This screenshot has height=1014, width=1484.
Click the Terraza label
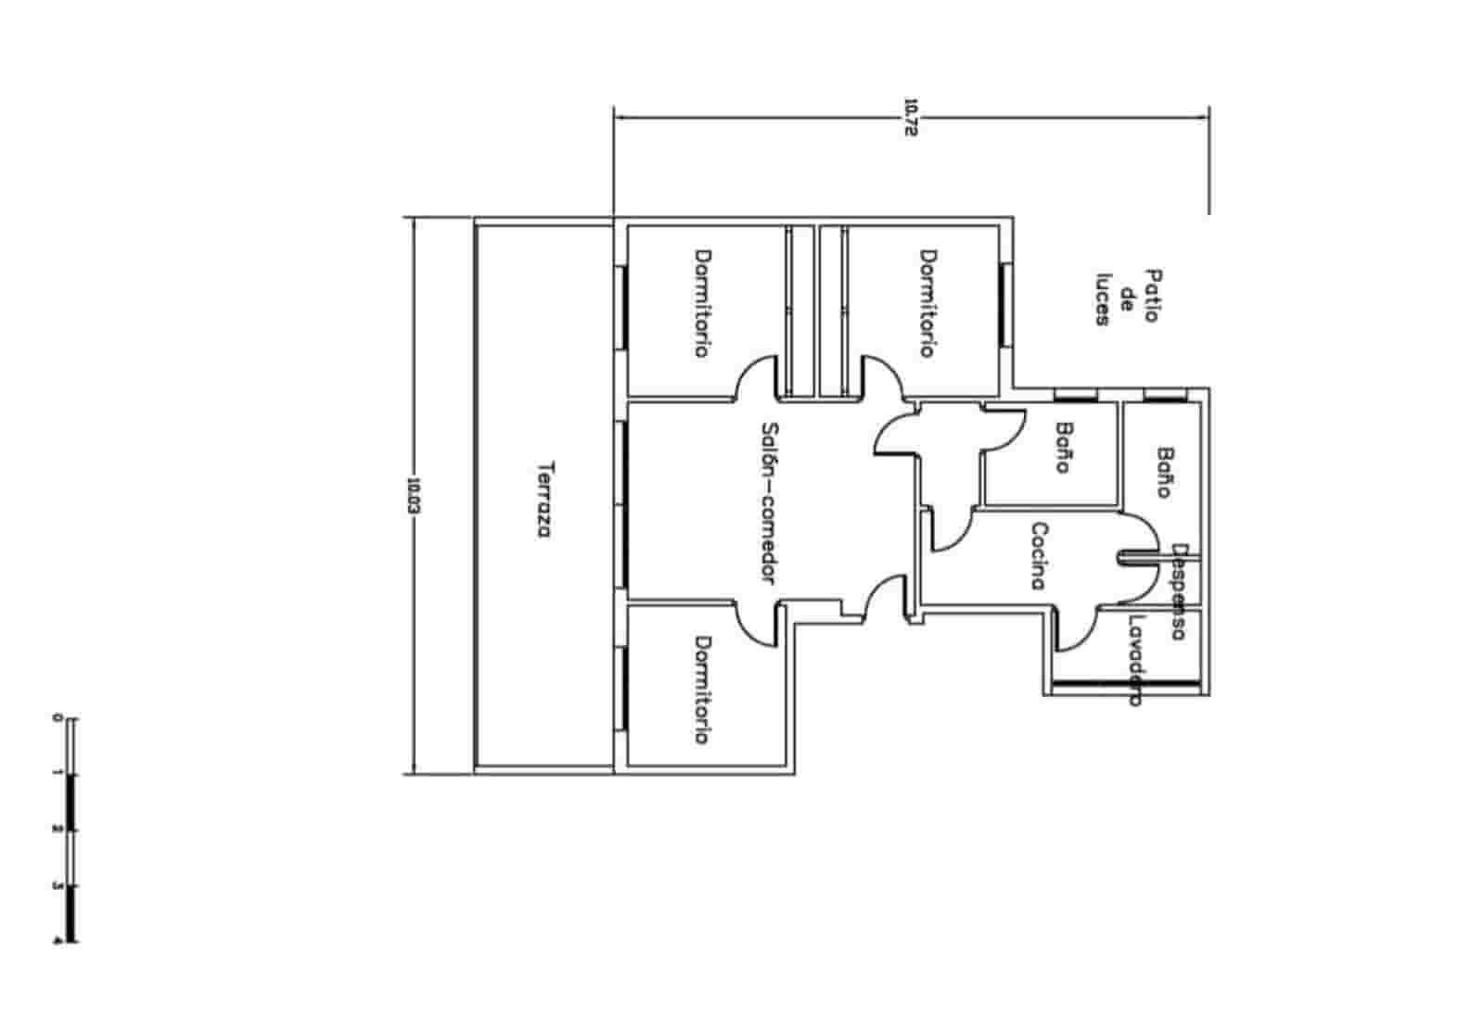click(x=544, y=501)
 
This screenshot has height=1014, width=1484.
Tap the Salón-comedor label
click(x=769, y=503)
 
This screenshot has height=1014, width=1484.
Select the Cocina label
click(x=1039, y=556)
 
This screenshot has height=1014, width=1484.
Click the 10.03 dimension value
click(x=413, y=496)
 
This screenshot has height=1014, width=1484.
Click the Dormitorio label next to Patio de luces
click(x=927, y=303)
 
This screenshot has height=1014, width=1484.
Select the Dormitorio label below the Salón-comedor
click(x=703, y=690)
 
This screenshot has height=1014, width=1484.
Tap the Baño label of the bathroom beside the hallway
click(x=1064, y=448)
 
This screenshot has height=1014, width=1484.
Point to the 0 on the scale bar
click(x=58, y=718)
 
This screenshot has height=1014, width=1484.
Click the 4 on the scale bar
click(x=58, y=941)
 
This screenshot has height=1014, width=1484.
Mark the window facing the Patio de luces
click(x=1004, y=304)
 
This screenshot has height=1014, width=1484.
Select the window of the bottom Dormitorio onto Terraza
click(x=622, y=690)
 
